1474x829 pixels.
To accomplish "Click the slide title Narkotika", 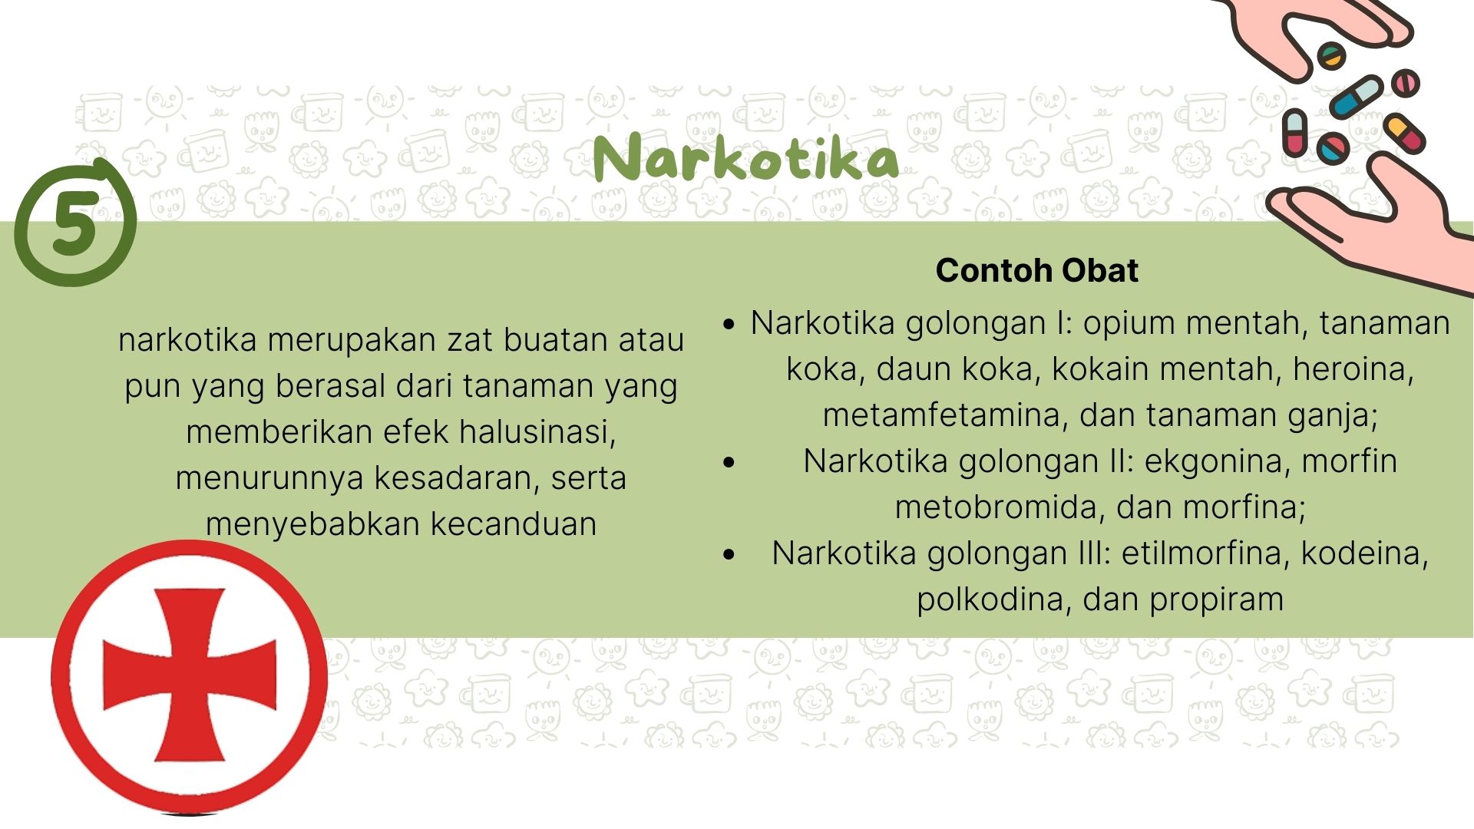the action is [x=745, y=159].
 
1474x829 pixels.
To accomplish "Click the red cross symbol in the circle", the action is [x=189, y=676].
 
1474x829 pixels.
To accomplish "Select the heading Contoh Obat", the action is [x=1036, y=270].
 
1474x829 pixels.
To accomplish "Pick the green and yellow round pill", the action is [x=1331, y=56].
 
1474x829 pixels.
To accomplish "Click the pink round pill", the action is [x=1406, y=82].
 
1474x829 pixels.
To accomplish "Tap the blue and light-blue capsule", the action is [x=1357, y=96].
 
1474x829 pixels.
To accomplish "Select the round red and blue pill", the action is [x=1333, y=147].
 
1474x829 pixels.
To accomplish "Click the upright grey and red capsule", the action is [x=1294, y=132].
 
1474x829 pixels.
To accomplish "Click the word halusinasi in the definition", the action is [x=538, y=432].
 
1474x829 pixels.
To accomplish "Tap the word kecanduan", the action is [x=513, y=524].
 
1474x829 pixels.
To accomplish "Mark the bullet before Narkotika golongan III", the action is [x=729, y=554].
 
